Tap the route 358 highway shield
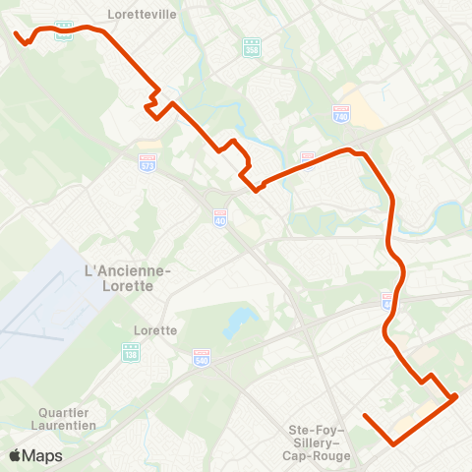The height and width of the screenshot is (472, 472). pyautogui.click(x=252, y=46)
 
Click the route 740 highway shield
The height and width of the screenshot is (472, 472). pyautogui.click(x=341, y=114)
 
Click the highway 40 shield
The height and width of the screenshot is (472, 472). pyautogui.click(x=219, y=216)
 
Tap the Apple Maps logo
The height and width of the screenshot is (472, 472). pyautogui.click(x=35, y=455)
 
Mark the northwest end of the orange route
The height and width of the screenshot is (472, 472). pyautogui.click(x=16, y=34)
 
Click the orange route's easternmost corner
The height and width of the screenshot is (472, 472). pyautogui.click(x=456, y=397)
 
